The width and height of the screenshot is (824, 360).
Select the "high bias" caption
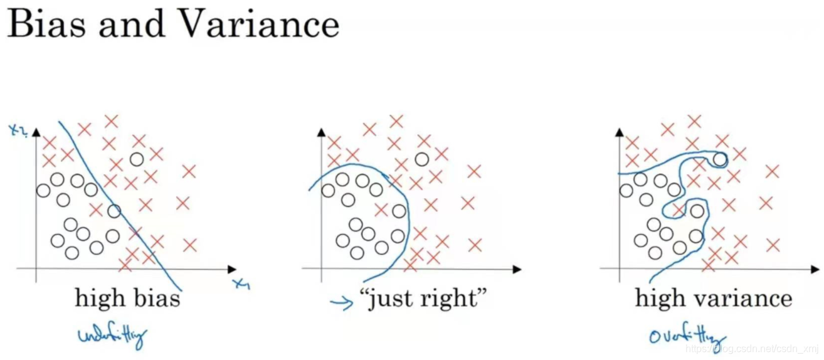coord(127,298)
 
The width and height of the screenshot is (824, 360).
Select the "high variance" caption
coord(714,298)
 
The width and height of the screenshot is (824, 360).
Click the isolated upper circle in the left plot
coord(137,159)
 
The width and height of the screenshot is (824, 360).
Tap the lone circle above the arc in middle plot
coord(422,159)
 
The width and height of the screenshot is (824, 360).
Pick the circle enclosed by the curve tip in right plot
coord(720,159)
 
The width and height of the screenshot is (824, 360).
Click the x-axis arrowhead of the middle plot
coord(517,269)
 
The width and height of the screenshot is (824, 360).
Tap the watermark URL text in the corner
coord(753,349)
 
